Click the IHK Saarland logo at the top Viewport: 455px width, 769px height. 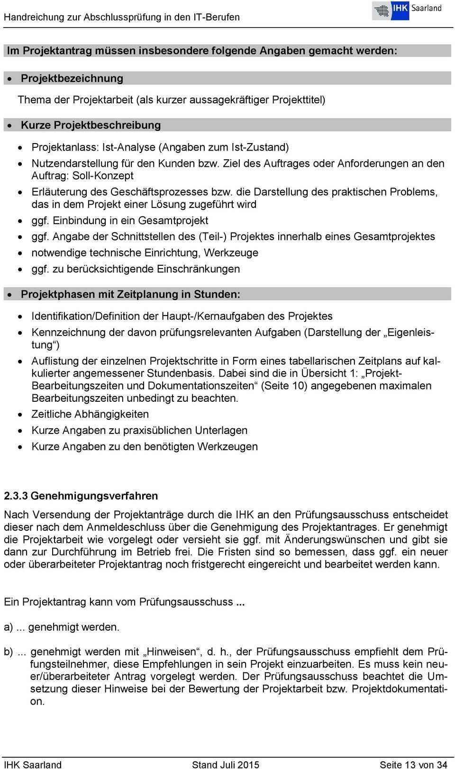[x=407, y=10]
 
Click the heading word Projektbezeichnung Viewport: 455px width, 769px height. [x=72, y=78]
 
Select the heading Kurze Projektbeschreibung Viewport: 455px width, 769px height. [x=91, y=125]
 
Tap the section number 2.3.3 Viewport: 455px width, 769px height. [x=16, y=496]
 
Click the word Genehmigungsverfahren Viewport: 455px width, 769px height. [x=94, y=496]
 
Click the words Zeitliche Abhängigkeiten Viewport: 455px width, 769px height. [x=90, y=414]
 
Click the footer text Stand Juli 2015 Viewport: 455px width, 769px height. [x=226, y=764]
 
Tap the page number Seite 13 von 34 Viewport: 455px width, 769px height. [x=413, y=764]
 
